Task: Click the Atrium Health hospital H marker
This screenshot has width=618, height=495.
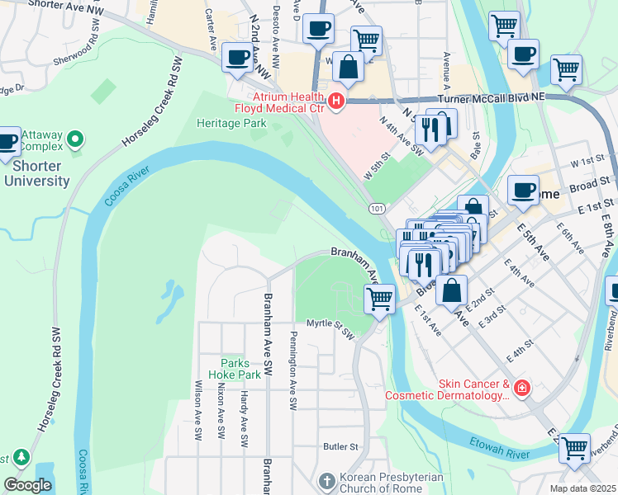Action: [336, 101]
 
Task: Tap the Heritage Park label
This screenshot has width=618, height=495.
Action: [231, 123]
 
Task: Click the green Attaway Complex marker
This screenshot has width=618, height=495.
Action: [76, 140]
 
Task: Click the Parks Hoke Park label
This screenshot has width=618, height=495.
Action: [240, 368]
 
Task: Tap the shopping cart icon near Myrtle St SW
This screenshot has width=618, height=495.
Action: [380, 298]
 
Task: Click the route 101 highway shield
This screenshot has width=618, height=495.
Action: [377, 209]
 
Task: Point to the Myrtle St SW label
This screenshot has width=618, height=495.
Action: [330, 329]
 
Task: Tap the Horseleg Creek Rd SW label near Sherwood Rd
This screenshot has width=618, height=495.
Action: [150, 102]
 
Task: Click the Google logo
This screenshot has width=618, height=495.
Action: [27, 485]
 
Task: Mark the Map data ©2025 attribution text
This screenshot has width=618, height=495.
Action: [582, 488]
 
